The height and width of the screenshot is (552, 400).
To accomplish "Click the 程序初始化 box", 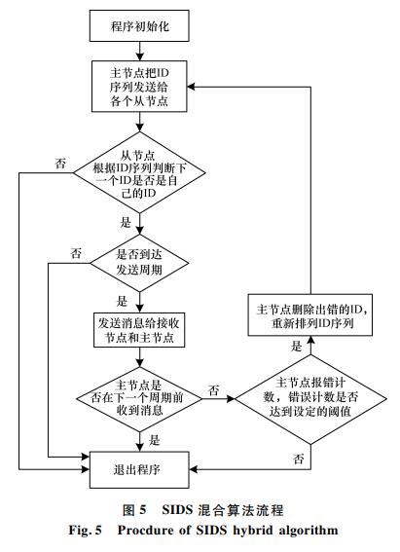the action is click(139, 25).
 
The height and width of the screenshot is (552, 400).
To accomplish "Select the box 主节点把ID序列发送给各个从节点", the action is click(139, 87).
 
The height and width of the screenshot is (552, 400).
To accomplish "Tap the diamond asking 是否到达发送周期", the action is click(139, 263).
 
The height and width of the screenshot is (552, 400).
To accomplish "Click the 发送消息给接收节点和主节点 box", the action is click(139, 330).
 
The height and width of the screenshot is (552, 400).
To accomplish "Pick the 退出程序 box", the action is click(139, 469).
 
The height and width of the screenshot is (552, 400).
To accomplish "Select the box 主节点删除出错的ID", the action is click(310, 315).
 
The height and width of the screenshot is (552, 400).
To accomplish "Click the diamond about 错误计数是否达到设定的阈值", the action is click(310, 399).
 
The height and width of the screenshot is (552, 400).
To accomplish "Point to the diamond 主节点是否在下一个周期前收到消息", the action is click(139, 399).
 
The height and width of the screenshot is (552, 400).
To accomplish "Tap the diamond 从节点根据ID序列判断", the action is click(139, 172).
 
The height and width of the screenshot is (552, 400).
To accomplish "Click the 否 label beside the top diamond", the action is click(60, 164).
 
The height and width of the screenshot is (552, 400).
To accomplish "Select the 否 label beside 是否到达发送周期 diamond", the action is click(76, 253).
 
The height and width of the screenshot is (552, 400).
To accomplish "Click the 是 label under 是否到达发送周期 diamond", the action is click(122, 301).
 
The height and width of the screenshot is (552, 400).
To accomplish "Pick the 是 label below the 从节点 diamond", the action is click(126, 222).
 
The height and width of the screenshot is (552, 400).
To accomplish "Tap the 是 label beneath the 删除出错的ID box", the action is click(297, 346).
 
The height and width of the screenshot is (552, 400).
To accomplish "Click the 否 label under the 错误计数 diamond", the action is click(299, 459).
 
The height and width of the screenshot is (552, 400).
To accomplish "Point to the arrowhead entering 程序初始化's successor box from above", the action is click(140, 56).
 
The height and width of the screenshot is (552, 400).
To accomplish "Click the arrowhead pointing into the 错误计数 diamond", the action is click(231, 399).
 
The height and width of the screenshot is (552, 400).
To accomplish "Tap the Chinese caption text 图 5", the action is click(134, 510).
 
